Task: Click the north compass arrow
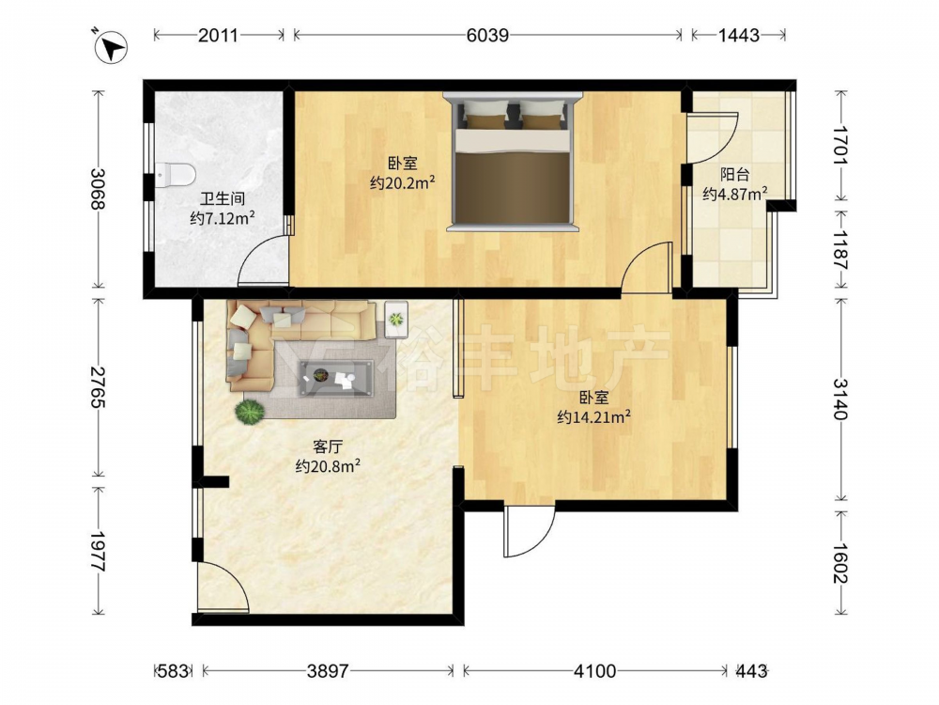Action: [x=111, y=48]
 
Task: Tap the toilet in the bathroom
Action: [x=175, y=175]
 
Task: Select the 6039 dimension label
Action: [x=487, y=36]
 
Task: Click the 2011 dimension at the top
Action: [x=218, y=36]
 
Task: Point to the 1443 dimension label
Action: [x=738, y=36]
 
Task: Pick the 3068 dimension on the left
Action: [x=98, y=189]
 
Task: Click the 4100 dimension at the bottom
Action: [x=594, y=671]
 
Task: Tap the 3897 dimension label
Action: [x=327, y=671]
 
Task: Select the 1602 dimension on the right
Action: [x=840, y=563]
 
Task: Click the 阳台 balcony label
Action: [x=735, y=175]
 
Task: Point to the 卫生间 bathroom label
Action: [x=223, y=199]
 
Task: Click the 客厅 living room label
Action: [x=328, y=446]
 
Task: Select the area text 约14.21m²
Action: [x=593, y=416]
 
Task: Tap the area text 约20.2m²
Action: [x=403, y=182]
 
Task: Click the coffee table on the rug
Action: [x=336, y=378]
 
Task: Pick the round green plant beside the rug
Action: [x=250, y=412]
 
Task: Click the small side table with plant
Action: [x=396, y=319]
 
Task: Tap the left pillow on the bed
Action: [x=485, y=114]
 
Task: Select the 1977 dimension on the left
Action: [x=98, y=551]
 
